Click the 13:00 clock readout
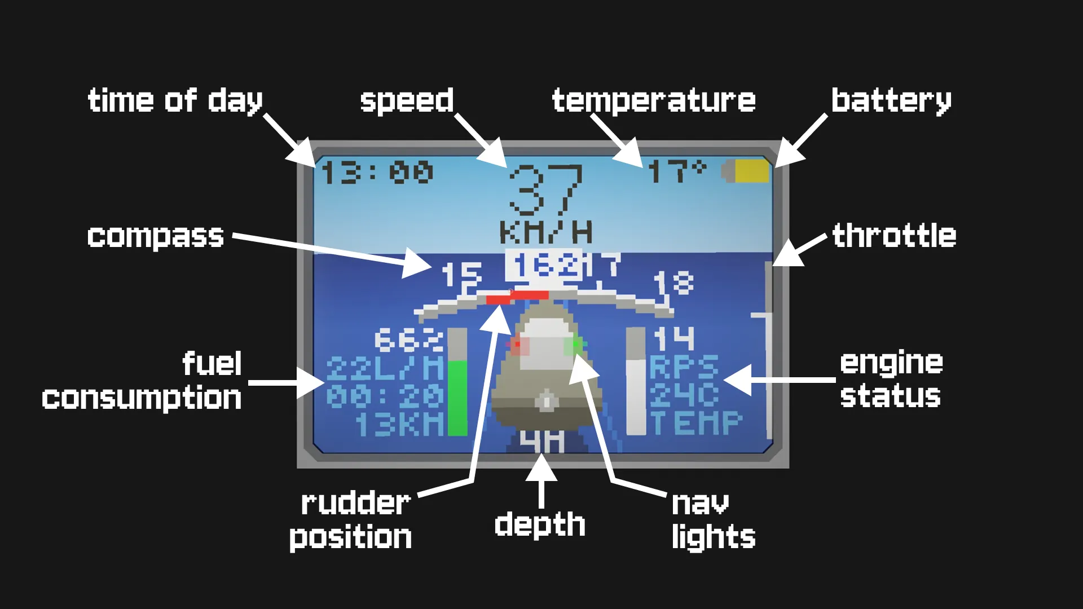[377, 172]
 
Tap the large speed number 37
[545, 190]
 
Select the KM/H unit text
[545, 232]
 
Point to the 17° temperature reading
[676, 171]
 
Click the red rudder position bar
[517, 297]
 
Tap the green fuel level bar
[457, 398]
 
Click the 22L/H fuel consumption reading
[385, 369]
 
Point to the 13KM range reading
[399, 424]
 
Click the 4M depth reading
[541, 442]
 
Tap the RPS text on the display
[684, 367]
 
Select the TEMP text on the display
[697, 423]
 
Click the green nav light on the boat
[576, 344]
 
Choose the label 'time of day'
[175, 101]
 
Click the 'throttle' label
[894, 236]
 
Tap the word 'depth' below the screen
[540, 524]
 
